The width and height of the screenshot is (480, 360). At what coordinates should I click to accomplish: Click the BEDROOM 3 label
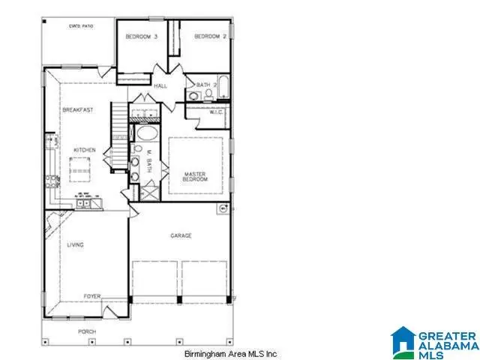point(140,36)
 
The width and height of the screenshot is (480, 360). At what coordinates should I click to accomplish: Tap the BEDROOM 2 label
point(210,36)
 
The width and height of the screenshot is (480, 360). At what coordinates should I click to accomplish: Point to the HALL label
point(160,86)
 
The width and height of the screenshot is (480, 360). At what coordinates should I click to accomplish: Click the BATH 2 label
point(205,85)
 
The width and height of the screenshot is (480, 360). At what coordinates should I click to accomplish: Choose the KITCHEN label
point(84,151)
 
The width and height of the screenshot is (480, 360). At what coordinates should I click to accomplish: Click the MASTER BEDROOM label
point(195,178)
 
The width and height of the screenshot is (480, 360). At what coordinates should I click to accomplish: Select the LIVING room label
point(75,244)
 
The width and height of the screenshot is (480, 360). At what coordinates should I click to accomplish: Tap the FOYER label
point(91,295)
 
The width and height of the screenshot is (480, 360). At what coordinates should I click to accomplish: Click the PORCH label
point(88,330)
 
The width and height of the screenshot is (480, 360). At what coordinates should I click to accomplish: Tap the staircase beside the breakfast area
point(120,120)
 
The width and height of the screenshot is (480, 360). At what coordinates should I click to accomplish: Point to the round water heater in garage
point(222,208)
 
